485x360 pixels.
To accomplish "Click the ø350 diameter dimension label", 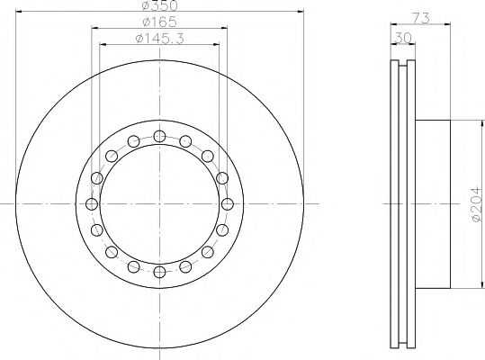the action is [x=160, y=5].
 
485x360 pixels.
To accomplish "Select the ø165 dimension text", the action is [x=159, y=22].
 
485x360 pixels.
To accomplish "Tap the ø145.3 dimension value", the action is [x=159, y=39].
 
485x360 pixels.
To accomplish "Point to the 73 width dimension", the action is [x=421, y=18].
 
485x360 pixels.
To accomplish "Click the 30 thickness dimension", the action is [x=403, y=39].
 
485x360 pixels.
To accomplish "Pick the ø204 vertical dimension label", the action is [x=477, y=204].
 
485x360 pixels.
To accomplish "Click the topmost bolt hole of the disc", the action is [x=159, y=136].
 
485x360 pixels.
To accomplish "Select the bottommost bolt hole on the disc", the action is [x=159, y=272].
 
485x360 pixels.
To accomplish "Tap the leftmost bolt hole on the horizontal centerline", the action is [x=92, y=204].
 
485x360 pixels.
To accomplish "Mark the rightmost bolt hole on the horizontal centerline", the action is [x=228, y=204].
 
